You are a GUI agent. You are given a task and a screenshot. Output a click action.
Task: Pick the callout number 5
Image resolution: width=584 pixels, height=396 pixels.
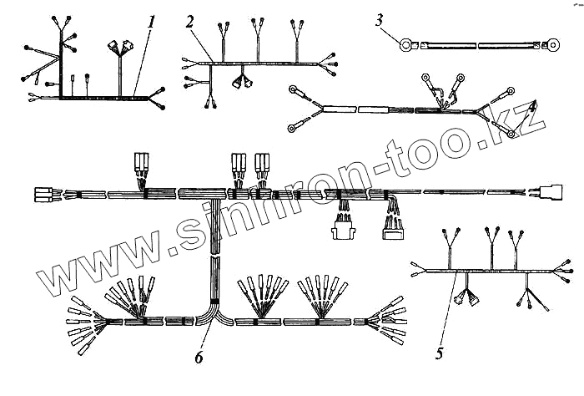439,353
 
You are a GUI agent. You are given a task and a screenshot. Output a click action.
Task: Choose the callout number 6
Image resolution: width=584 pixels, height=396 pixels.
198,358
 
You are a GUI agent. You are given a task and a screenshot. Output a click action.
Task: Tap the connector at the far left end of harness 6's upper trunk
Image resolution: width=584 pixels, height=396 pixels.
43,195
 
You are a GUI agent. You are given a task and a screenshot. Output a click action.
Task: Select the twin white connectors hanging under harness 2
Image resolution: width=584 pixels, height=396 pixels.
244,82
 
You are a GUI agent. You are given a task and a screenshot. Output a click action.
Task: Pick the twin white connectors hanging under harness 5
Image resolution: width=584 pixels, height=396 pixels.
467,297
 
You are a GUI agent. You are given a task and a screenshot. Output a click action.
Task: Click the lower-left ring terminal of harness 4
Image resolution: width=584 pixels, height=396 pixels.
294,127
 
